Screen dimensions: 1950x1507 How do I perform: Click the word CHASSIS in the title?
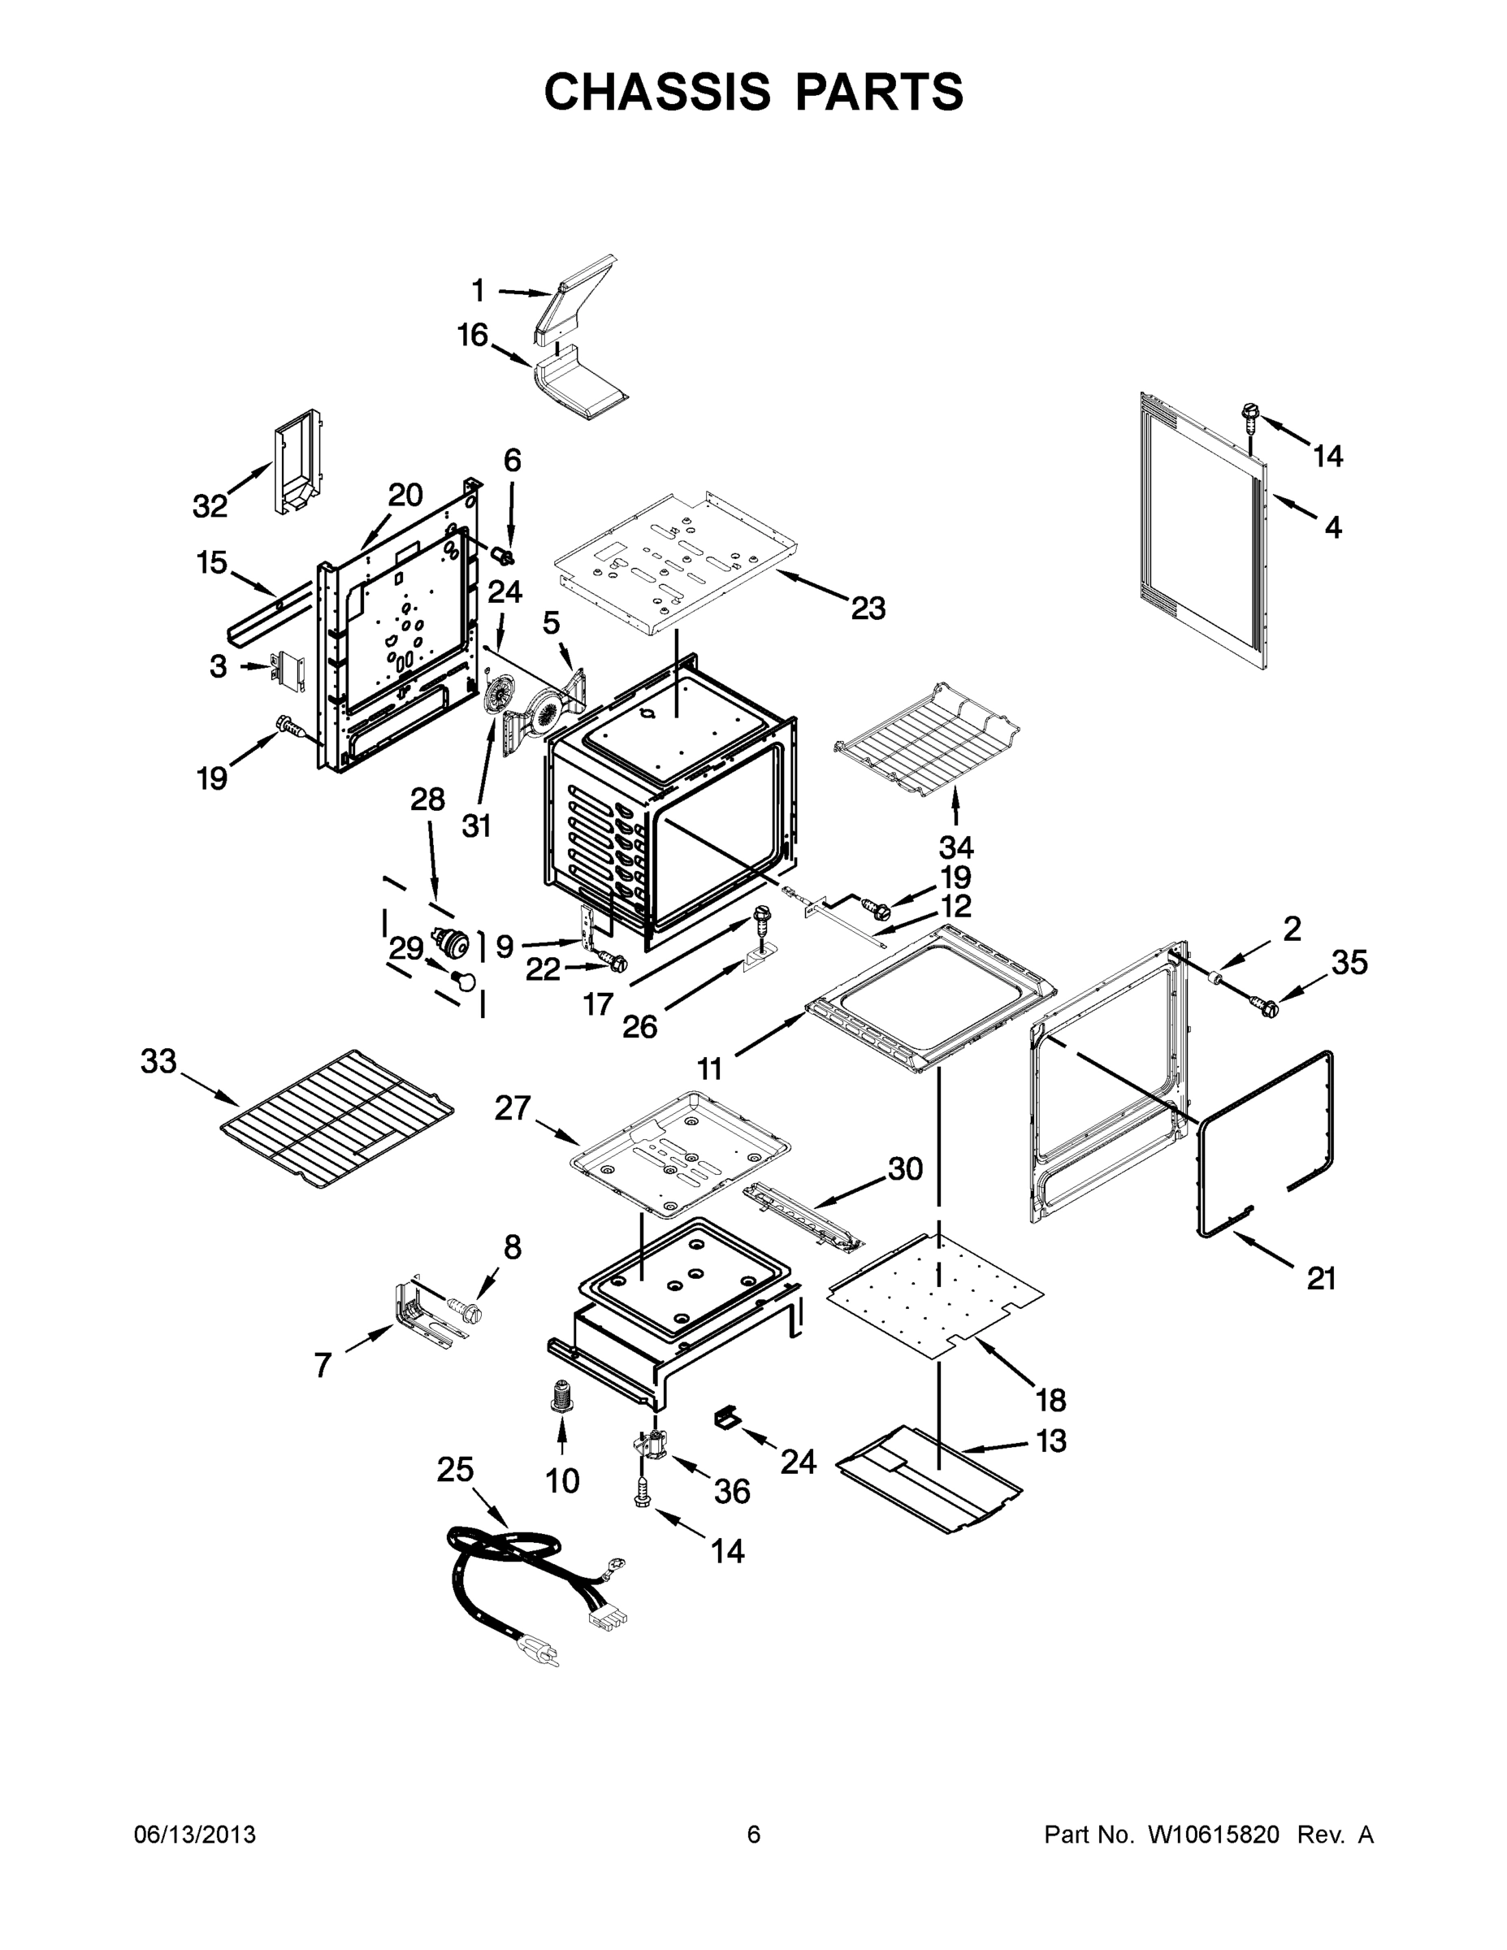pos(657,91)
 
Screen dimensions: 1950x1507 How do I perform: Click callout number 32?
pos(210,506)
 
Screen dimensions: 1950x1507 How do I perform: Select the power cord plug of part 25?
pos(541,1654)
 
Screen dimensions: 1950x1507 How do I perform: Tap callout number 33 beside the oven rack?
pos(159,1062)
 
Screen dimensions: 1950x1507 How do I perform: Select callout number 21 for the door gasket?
pos(1321,1279)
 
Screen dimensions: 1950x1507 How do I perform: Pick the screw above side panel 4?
pos(1249,414)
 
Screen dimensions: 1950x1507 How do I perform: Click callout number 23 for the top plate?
pos(868,608)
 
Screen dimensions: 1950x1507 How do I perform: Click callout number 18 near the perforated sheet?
pos(1050,1400)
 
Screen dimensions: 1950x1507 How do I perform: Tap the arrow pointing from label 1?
pos(525,292)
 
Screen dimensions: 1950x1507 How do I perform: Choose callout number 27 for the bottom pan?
pos(513,1108)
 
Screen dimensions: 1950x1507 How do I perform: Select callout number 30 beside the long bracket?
pos(904,1168)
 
